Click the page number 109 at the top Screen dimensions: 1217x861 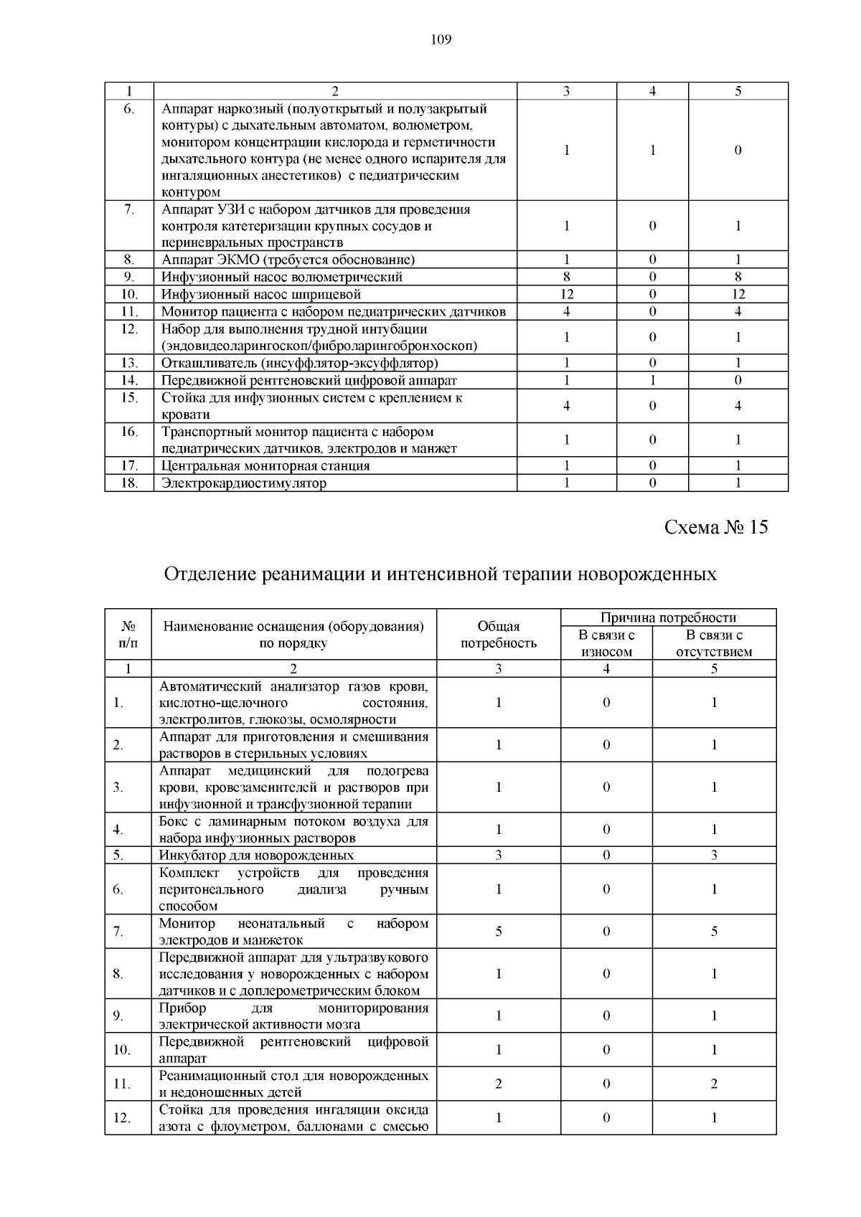[441, 39]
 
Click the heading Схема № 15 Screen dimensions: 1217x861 [715, 527]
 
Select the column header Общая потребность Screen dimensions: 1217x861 [498, 635]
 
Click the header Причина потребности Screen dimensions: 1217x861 [668, 617]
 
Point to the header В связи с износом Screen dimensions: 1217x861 [606, 643]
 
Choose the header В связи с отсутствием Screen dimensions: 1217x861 [714, 643]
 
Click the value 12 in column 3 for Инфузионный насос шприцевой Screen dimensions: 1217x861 [567, 294]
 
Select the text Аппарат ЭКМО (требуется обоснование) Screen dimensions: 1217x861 [288, 260]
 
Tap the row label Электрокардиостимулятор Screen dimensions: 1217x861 [243, 483]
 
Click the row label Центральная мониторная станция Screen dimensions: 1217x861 [265, 465]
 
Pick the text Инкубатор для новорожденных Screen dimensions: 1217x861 [256, 855]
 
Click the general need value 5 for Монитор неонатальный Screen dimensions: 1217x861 [498, 932]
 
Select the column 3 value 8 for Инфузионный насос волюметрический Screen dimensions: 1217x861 [567, 277]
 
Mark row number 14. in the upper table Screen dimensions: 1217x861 [128, 380]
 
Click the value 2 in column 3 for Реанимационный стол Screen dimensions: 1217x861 [498, 1084]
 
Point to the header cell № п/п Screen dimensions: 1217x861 [128, 635]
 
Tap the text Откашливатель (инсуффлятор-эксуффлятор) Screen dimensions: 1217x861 [299, 363]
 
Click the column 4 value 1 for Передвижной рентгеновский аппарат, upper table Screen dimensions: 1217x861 [652, 380]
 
